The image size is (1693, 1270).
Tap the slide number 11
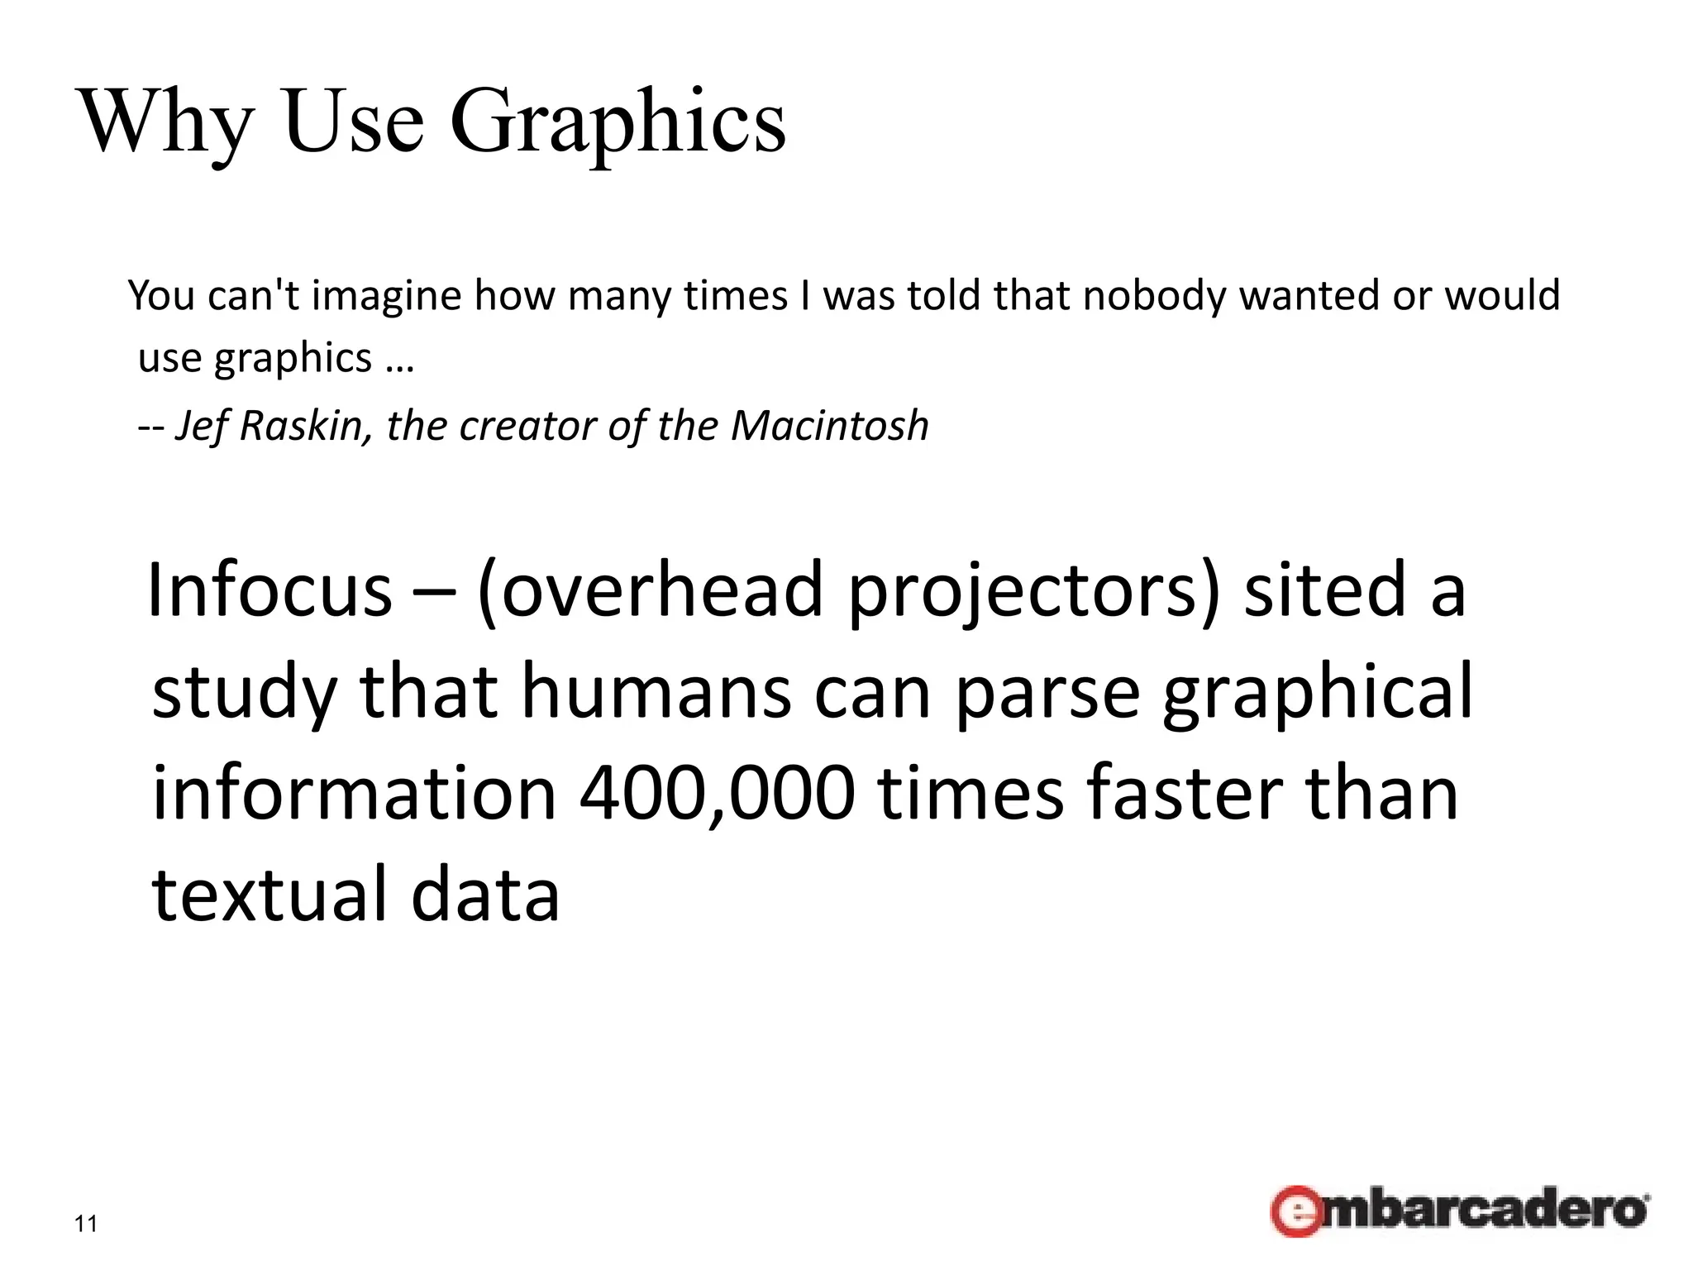coord(86,1224)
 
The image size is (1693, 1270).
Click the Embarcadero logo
coord(1459,1210)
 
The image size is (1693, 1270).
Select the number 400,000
coord(717,794)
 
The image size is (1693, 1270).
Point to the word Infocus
coord(269,590)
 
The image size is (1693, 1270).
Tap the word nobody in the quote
coord(1154,296)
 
